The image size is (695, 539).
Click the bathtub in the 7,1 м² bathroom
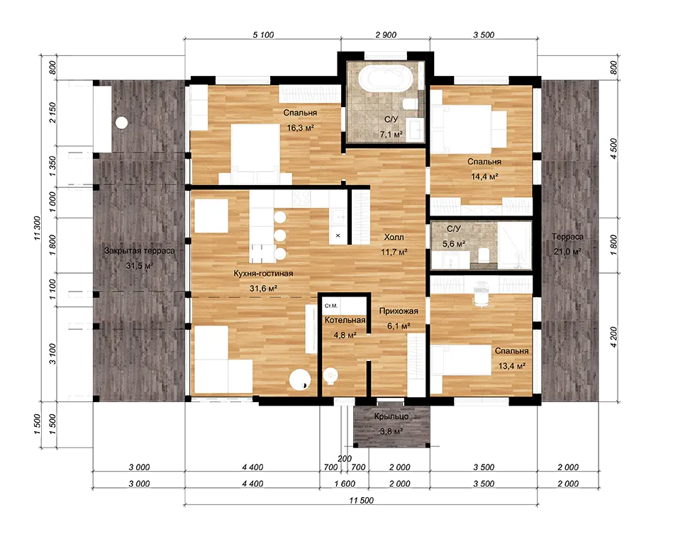(386, 79)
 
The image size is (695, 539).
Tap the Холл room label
(394, 238)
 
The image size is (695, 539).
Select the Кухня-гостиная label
(263, 274)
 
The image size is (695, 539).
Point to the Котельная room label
(345, 320)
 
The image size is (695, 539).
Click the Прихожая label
(399, 311)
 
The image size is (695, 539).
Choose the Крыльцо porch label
(391, 417)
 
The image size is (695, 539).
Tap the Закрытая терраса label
(139, 250)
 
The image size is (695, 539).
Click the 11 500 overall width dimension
(361, 501)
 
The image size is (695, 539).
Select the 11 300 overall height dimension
(37, 228)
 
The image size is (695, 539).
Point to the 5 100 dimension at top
(263, 35)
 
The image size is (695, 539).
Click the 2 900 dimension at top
(386, 35)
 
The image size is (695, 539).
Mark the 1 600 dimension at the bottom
(345, 484)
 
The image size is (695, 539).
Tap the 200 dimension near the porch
(345, 459)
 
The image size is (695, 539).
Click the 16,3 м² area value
(300, 128)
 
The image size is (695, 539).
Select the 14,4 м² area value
(484, 177)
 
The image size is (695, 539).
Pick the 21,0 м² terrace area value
(567, 251)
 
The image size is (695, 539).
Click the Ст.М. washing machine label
(331, 306)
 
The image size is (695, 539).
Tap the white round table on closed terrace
(121, 122)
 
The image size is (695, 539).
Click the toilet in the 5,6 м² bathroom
(484, 254)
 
